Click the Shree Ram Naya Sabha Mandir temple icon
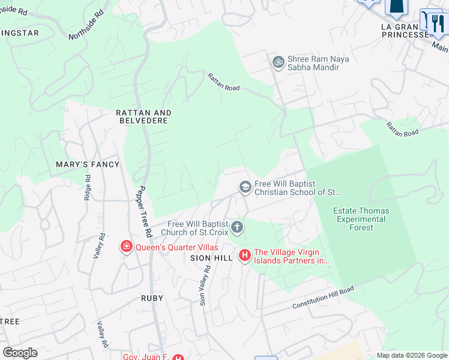click(278, 61)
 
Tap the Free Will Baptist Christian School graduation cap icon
click(245, 187)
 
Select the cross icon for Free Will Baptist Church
click(238, 227)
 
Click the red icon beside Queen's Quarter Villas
click(127, 247)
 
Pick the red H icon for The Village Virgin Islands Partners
click(245, 256)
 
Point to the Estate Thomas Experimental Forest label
click(361, 219)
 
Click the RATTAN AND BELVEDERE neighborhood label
click(144, 116)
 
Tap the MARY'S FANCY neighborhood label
click(88, 164)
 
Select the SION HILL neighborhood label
click(211, 257)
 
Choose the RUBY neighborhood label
click(152, 298)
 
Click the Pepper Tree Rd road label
click(144, 208)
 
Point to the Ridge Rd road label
click(88, 187)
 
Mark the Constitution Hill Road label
click(323, 298)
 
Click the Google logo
click(20, 353)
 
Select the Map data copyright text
click(411, 355)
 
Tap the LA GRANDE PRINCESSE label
click(406, 31)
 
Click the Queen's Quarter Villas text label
click(176, 247)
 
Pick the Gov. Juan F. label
click(146, 356)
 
